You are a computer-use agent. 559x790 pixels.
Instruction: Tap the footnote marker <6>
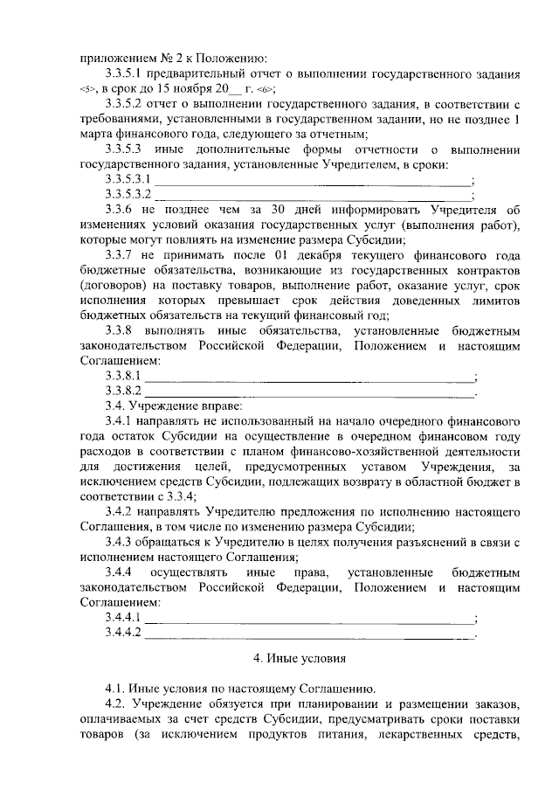coord(263,89)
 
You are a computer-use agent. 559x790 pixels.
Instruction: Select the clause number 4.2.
coord(115,703)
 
